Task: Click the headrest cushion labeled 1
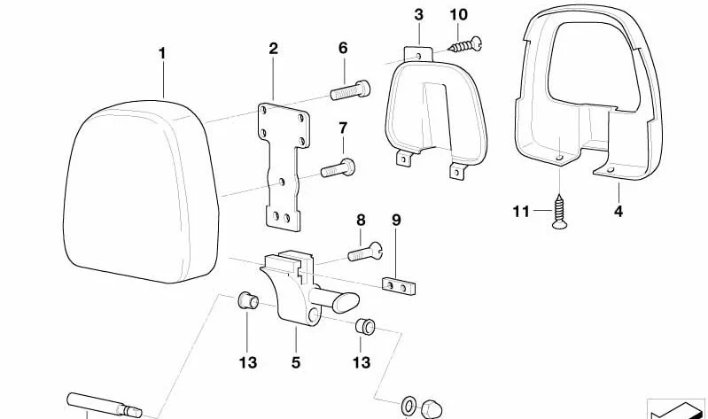point(141,192)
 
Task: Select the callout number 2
point(273,49)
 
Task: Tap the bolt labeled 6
point(350,89)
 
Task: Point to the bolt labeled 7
point(338,168)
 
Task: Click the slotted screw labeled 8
point(365,251)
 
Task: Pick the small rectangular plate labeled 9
point(399,286)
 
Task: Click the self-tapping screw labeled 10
point(466,44)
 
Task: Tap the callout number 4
point(619,211)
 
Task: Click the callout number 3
point(418,14)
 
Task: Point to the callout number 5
point(296,362)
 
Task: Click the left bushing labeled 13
point(247,300)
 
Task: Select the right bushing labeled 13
point(365,327)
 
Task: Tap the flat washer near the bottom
point(408,406)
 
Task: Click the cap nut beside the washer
point(432,409)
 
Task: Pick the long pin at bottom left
point(105,405)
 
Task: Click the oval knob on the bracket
point(346,302)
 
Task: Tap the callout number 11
point(521,211)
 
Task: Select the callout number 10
point(458,14)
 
